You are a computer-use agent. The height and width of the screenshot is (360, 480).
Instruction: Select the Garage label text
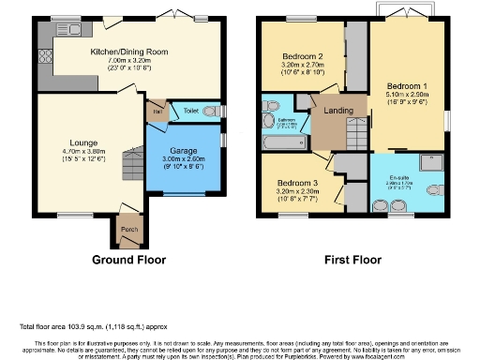(183, 150)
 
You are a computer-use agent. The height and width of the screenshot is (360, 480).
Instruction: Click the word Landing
(337, 111)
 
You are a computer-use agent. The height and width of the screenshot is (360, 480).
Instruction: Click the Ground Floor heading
(128, 260)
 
